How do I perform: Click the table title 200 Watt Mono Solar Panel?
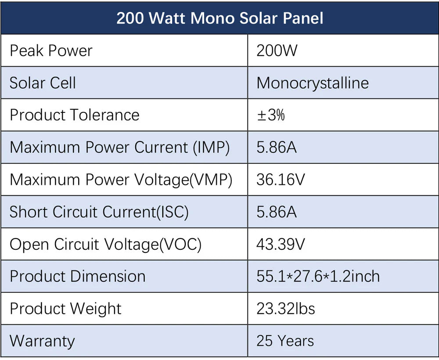pos(219,18)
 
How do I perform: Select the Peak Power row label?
pos(51,50)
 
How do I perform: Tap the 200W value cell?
pos(277,50)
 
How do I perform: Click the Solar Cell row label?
pos(43,83)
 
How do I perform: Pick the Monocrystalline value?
pos(313,83)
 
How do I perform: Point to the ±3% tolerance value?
pos(271,115)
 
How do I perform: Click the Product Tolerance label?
pos(74,115)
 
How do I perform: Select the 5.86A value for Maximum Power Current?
pos(277,147)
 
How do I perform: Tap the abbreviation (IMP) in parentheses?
pos(211,148)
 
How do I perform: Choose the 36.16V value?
pos(281,180)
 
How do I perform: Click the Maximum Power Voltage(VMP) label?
pos(121,180)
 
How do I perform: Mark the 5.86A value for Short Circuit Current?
pos(277,212)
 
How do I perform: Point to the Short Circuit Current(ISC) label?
pos(99,212)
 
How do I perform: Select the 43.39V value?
pos(281,244)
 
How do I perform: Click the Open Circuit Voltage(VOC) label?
pos(105,244)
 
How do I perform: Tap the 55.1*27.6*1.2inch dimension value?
pos(318,276)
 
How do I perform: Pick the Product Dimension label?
pos(77,276)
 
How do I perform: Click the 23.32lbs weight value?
pos(286,309)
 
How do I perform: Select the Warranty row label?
pos(42,341)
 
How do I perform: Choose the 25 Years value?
pos(285,341)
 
